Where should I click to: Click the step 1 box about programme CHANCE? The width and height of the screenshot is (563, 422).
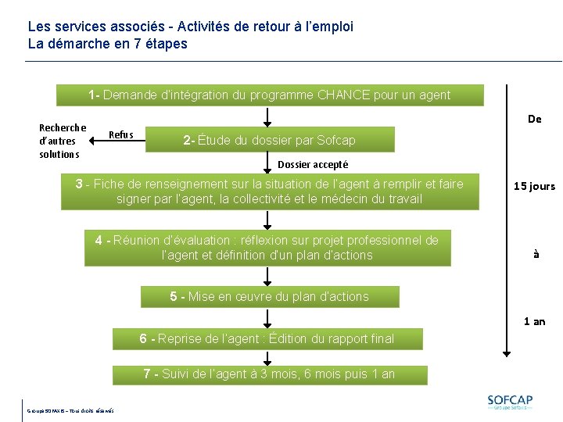[x=270, y=95]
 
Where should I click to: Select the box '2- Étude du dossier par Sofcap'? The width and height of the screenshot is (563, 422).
[x=270, y=141]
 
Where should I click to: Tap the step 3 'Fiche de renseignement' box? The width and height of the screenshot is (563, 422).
[x=270, y=191]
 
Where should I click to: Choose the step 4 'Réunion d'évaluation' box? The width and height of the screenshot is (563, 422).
[x=267, y=248]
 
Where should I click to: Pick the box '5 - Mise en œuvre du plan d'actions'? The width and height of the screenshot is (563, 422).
[x=270, y=297]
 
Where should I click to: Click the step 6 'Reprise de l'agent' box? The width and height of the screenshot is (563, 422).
[x=267, y=338]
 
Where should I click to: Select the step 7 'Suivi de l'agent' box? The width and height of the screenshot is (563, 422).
[x=270, y=374]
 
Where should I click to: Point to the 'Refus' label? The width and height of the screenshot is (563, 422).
[x=120, y=134]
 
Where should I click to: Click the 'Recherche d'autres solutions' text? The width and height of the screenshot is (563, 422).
[x=62, y=141]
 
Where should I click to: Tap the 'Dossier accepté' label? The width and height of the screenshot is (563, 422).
[x=313, y=165]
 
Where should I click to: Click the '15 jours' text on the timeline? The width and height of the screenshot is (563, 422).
[x=534, y=186]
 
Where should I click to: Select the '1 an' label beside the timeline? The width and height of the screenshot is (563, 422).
[x=534, y=321]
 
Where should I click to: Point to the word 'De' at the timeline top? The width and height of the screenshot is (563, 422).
[x=534, y=119]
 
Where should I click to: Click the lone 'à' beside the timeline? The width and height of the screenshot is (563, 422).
[x=536, y=254]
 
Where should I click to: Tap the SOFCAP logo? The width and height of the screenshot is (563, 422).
[x=510, y=402]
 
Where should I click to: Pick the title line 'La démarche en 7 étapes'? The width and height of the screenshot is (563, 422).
[x=108, y=44]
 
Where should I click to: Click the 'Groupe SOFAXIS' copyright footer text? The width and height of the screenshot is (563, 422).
[x=70, y=410]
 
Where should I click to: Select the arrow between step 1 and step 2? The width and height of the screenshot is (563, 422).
[x=268, y=116]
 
